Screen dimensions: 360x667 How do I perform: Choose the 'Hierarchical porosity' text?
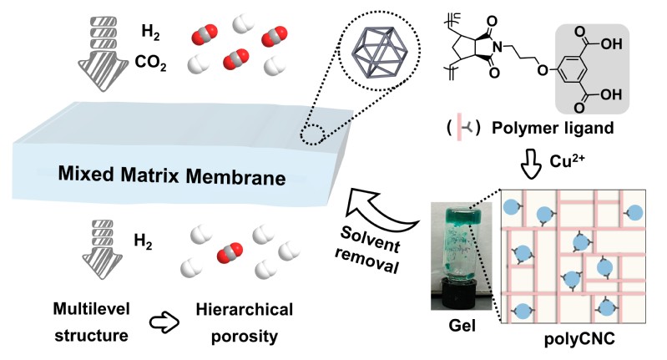coord(244,324)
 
